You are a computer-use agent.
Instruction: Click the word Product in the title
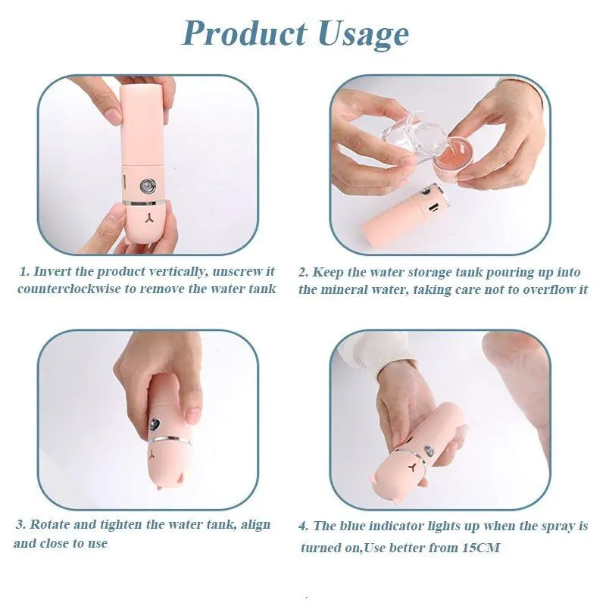click(245, 33)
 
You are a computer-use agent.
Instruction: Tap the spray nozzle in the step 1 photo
click(148, 186)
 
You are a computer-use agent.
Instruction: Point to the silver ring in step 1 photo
click(145, 201)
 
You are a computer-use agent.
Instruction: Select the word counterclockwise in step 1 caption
click(69, 289)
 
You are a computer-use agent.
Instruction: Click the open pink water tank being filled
click(449, 156)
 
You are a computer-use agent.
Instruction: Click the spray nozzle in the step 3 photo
click(156, 423)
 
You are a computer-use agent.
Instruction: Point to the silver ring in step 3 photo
click(169, 440)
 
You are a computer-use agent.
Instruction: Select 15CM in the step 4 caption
click(481, 547)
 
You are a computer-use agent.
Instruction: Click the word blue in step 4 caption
click(352, 526)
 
